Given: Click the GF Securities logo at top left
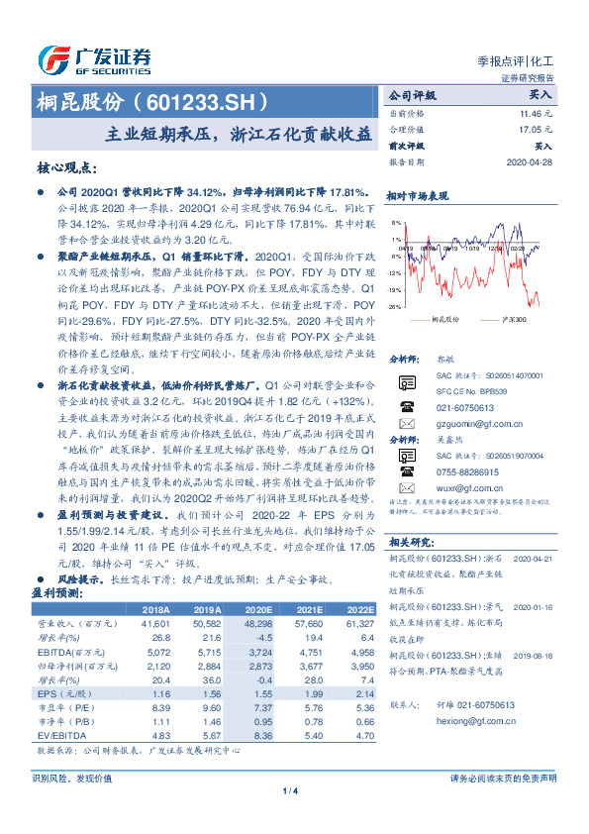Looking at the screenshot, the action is pos(95,56).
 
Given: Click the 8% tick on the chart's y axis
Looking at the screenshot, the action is pos(396,223).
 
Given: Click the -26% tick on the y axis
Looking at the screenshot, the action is pos(395,307).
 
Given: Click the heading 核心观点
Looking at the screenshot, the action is pos(64,168).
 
